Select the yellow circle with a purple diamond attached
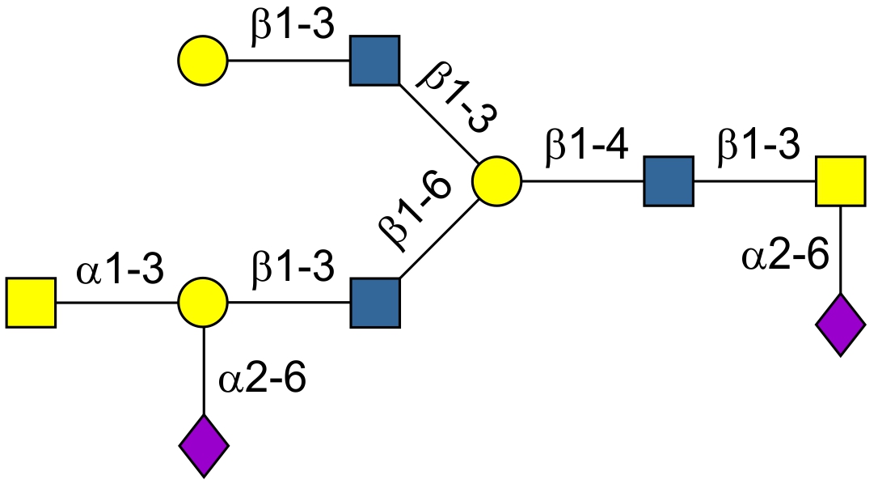click(203, 304)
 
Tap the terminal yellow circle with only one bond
click(203, 61)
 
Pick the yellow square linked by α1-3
click(32, 304)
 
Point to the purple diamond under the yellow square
click(841, 325)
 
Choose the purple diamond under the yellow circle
click(203, 446)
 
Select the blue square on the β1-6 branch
click(375, 304)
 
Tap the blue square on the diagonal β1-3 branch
click(375, 61)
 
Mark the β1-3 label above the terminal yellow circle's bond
click(292, 29)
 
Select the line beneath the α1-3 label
click(117, 304)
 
